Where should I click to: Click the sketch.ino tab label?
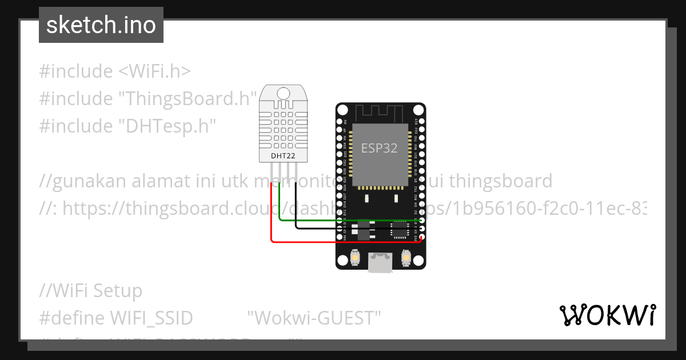click(x=101, y=25)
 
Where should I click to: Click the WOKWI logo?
click(x=607, y=315)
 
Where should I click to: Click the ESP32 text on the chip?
click(x=379, y=148)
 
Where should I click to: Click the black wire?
click(x=354, y=229)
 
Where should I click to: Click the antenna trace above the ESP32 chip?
click(x=380, y=112)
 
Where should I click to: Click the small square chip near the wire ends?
click(x=398, y=230)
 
